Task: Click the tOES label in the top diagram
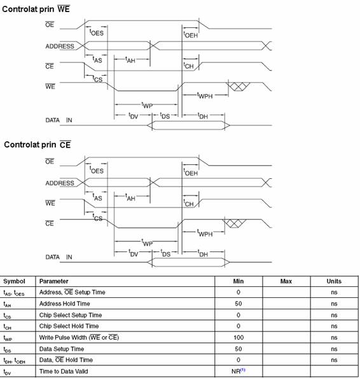coord(97,32)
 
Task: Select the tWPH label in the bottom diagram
coord(205,233)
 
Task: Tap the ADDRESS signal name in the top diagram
coord(60,46)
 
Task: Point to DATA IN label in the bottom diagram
coord(59,257)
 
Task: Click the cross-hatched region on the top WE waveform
coord(238,87)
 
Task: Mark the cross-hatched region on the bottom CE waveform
coord(234,223)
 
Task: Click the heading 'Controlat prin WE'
coord(36,9)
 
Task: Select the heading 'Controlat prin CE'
coord(38,144)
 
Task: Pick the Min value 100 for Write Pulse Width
coord(239,337)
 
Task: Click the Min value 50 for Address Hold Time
coord(239,304)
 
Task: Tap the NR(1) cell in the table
coord(239,371)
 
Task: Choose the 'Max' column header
coord(286,281)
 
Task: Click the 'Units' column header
coord(334,281)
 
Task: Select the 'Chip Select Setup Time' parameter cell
coord(71,315)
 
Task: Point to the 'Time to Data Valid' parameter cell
coord(64,371)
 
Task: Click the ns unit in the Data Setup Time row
coord(334,349)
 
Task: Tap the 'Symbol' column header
coord(14,281)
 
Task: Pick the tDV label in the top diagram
coord(134,116)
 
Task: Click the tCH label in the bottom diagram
coord(188,203)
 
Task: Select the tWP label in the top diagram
coord(147,106)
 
